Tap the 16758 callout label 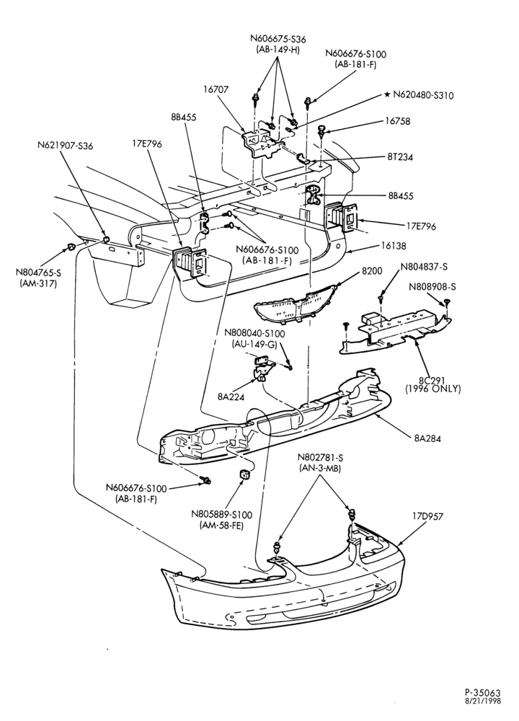(397, 121)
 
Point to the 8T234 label (400, 156)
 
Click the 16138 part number (394, 246)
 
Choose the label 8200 (372, 271)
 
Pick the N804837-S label (424, 267)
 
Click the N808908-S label (432, 286)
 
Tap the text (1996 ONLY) (432, 389)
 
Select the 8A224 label (231, 395)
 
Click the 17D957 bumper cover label (427, 516)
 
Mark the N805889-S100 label (221, 516)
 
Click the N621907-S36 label (66, 146)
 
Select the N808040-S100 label (254, 333)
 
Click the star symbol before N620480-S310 (388, 94)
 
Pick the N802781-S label (320, 458)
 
